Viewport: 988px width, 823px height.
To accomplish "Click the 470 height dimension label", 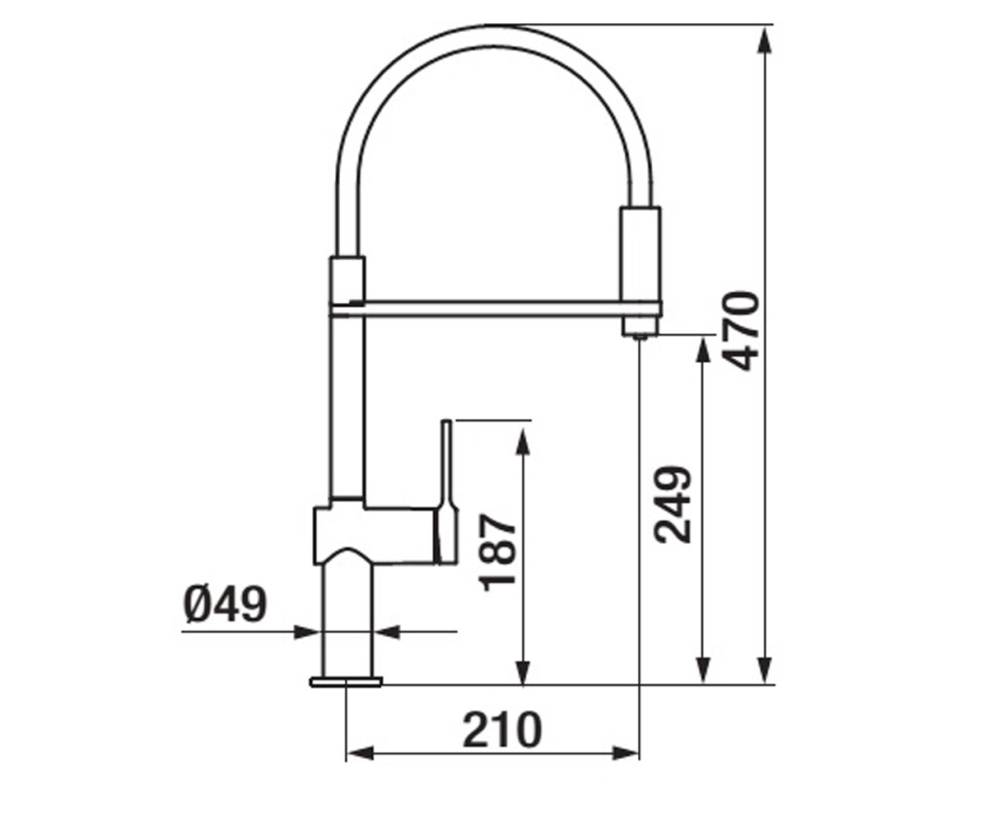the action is [742, 331].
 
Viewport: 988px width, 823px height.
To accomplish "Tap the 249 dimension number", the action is [672, 504].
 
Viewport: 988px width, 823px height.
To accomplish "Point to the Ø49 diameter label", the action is [226, 603].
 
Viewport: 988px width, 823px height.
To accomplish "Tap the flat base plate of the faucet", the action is [346, 681].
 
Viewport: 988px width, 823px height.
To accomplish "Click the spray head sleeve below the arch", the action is [641, 254].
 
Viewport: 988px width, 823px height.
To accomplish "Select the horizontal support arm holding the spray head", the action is [496, 309].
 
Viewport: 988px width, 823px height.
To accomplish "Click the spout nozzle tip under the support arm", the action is [640, 327].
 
